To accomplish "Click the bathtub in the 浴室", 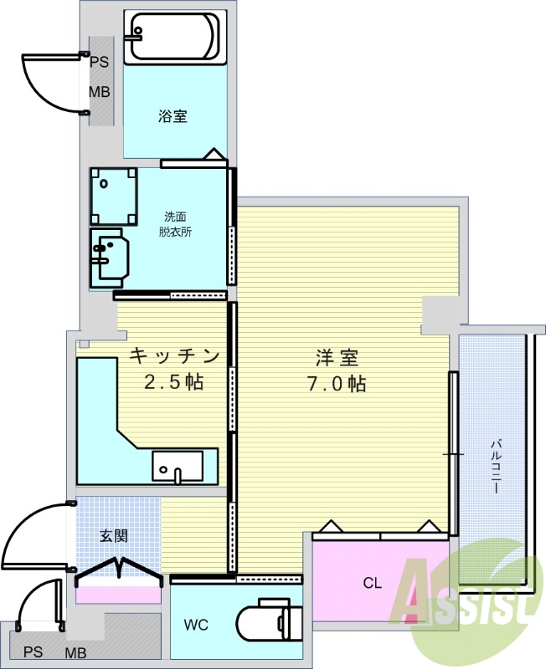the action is click(175, 38).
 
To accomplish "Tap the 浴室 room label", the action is click(173, 116).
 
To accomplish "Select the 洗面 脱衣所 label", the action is click(175, 224).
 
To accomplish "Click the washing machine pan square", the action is click(114, 197).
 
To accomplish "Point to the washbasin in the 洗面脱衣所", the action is click(110, 258).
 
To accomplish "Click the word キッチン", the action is click(174, 356).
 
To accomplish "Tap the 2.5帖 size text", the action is click(173, 382).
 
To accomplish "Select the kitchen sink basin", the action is click(178, 467).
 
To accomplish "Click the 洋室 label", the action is click(337, 358).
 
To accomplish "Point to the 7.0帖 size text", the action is click(337, 384).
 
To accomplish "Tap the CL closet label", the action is click(372, 583).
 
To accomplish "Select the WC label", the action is click(196, 625).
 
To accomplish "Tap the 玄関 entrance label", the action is click(114, 536).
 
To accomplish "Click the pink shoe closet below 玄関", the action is click(119, 595).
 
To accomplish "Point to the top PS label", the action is click(99, 62).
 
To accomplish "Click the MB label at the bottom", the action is click(75, 653).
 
